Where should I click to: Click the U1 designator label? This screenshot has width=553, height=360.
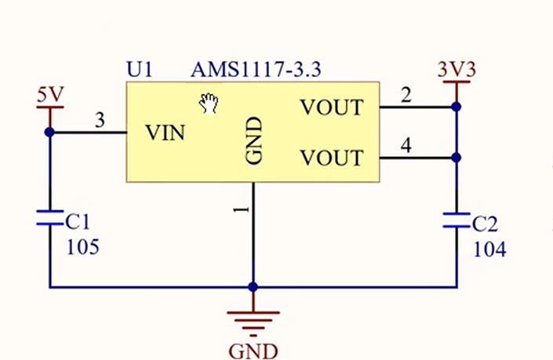(139, 70)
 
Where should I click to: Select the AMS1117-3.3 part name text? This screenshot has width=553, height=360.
(255, 70)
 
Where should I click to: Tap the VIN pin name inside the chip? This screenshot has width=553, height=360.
(166, 133)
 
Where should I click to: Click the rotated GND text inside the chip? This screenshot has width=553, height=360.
(253, 142)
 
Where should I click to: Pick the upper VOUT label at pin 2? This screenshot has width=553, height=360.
(332, 107)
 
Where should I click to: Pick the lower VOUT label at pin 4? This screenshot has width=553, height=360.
(332, 158)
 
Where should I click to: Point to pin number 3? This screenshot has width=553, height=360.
(99, 121)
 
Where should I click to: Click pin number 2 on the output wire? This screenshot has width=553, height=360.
(406, 96)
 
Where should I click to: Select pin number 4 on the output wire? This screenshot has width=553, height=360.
(406, 146)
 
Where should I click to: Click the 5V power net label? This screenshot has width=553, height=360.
(50, 96)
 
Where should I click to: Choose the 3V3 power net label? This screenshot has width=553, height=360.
(457, 69)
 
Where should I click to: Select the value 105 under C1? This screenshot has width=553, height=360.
(82, 248)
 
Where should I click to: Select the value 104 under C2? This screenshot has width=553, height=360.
(489, 249)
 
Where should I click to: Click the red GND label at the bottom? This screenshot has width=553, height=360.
(253, 350)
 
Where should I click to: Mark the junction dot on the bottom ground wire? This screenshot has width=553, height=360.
(253, 287)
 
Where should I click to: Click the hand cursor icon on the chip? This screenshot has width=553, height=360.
(208, 103)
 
